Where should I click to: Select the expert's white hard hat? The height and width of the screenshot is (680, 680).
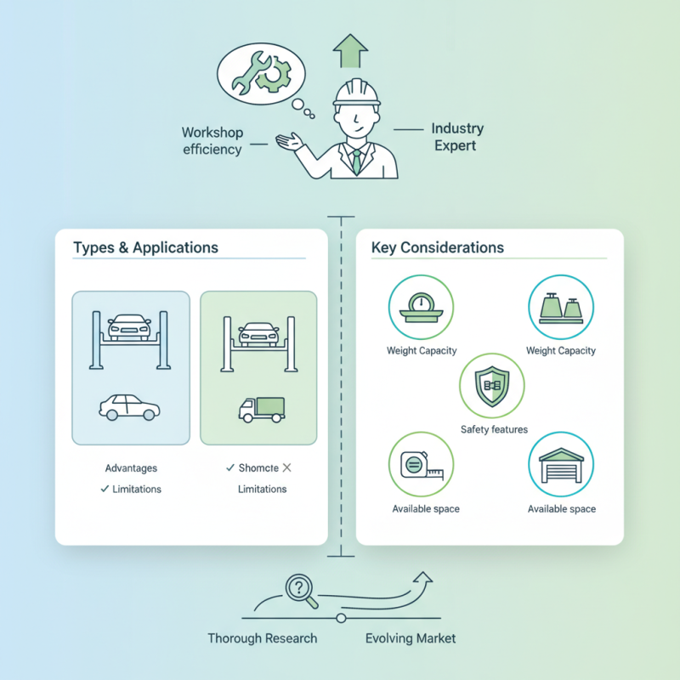click(356, 93)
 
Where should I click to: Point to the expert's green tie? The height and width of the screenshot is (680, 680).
click(356, 160)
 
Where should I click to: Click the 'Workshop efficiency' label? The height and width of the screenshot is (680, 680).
click(212, 141)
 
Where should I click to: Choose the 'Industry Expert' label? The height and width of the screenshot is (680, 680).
click(456, 137)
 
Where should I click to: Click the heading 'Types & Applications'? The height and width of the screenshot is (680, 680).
click(145, 248)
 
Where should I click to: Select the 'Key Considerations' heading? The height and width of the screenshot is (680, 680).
click(438, 248)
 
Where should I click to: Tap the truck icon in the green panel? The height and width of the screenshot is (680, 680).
click(262, 409)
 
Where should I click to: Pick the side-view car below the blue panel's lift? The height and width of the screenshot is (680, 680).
click(129, 407)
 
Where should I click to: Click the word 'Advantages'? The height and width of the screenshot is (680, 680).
click(131, 468)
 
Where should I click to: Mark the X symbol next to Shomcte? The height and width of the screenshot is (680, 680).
click(286, 468)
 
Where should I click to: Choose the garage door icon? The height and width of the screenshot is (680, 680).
click(561, 464)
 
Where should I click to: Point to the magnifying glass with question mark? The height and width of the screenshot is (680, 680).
click(299, 591)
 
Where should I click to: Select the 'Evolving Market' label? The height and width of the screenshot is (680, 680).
click(410, 638)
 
